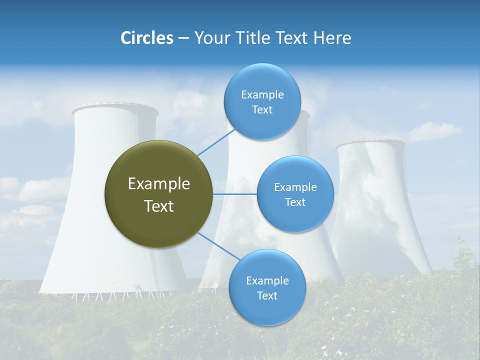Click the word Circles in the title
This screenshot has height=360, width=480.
tap(147, 38)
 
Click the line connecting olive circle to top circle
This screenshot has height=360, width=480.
tap(216, 142)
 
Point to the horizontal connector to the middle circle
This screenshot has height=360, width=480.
tap(235, 194)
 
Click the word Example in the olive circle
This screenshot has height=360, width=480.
tap(159, 184)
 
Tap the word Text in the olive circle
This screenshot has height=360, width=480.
tap(159, 206)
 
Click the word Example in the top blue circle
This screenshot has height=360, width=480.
tap(262, 95)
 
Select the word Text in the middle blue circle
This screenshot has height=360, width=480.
tap(295, 202)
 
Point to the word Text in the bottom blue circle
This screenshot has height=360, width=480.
tap(267, 296)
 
